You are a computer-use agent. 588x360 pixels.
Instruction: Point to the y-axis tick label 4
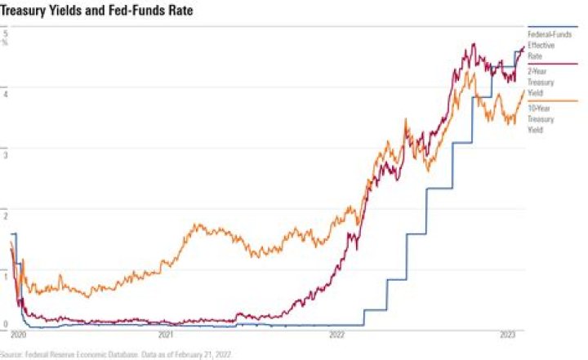(5, 93)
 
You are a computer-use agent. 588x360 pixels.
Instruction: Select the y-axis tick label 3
(5, 153)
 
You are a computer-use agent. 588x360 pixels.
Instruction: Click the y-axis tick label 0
(5, 324)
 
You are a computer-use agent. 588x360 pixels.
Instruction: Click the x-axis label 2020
(20, 335)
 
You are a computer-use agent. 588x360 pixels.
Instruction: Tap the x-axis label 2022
(336, 335)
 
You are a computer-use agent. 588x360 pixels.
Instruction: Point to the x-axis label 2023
(508, 335)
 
